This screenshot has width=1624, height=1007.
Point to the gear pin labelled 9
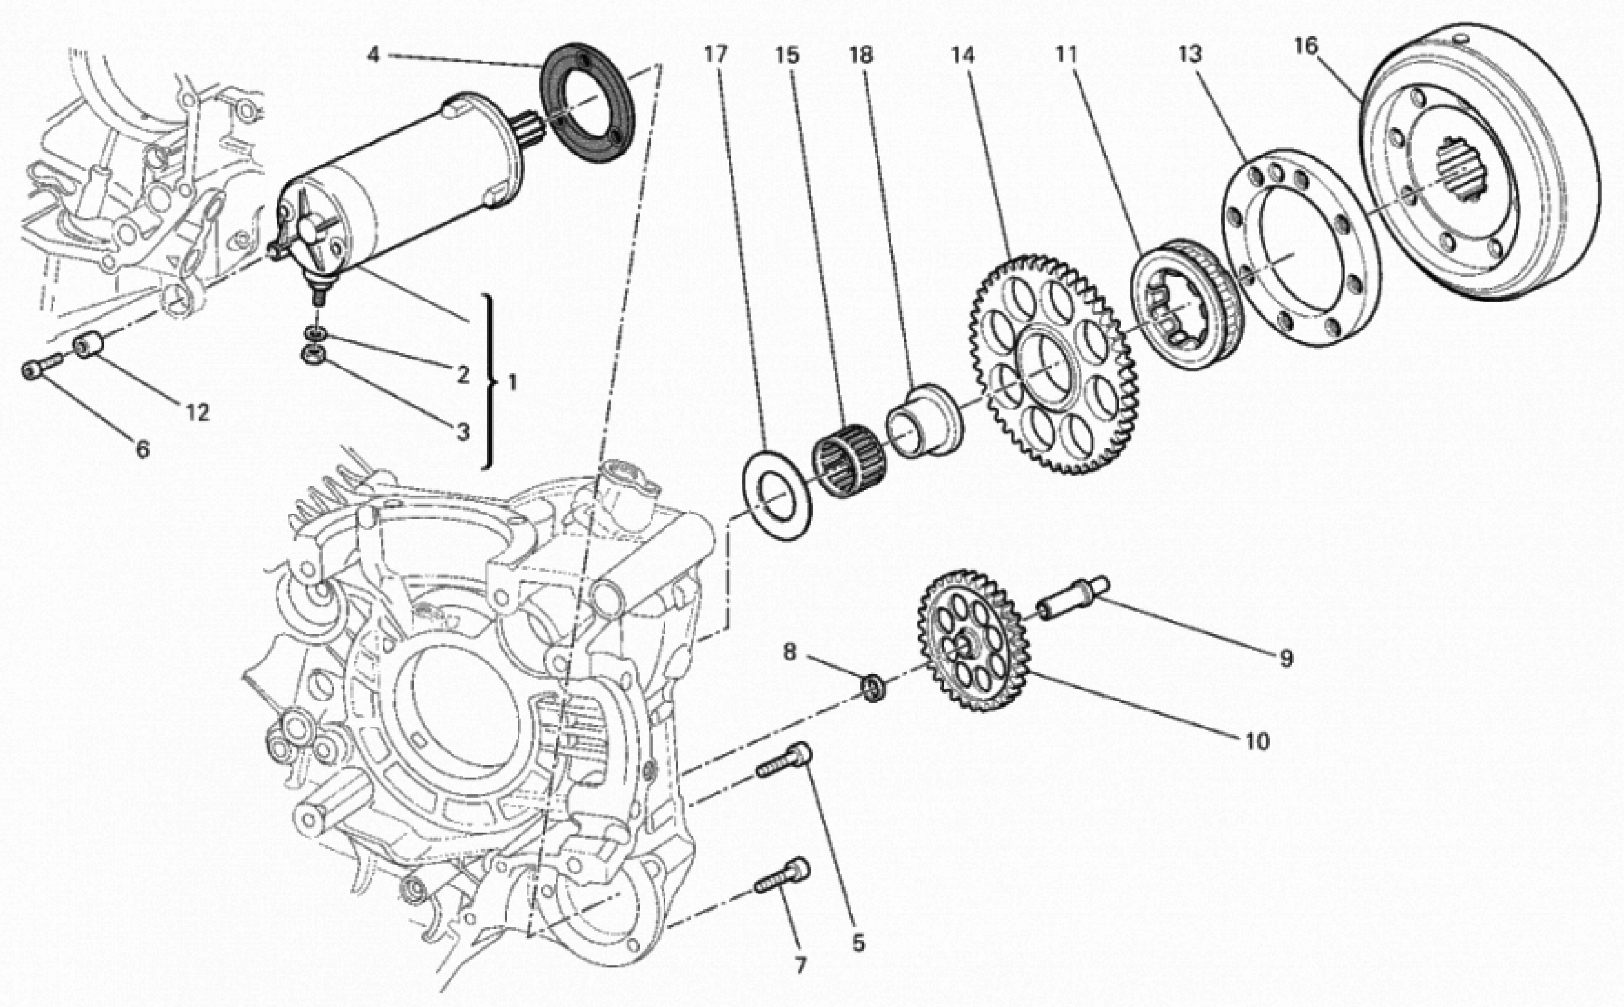1073,597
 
